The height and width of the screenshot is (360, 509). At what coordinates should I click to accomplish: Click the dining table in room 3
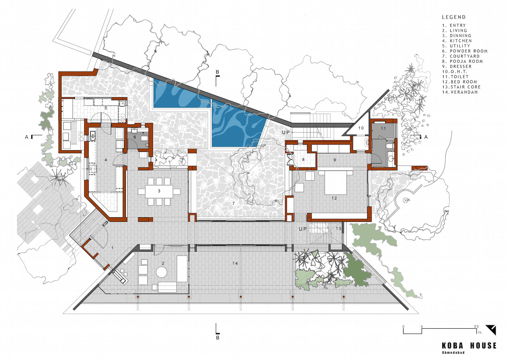tap(159, 191)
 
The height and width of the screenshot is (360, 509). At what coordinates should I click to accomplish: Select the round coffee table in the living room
tap(161, 272)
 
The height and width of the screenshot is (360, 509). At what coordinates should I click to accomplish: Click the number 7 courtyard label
tap(233, 203)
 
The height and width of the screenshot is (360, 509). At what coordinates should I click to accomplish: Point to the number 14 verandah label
tap(235, 263)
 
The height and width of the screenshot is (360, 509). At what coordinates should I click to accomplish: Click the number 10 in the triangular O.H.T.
tap(361, 128)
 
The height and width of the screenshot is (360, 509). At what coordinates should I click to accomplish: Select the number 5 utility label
tap(106, 108)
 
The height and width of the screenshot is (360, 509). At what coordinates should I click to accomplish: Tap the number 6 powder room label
tap(135, 137)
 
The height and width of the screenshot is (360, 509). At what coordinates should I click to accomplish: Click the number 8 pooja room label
tap(303, 160)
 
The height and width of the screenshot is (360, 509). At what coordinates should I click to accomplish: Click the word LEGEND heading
tap(453, 17)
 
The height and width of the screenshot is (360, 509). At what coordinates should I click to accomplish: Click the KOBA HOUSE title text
tap(469, 346)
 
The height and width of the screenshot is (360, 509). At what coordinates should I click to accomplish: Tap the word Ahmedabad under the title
tap(453, 353)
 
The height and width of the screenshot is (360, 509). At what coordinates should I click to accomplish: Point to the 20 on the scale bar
tap(476, 327)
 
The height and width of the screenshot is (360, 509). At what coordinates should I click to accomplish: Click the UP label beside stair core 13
tap(303, 229)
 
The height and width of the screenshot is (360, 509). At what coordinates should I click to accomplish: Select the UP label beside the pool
tap(286, 132)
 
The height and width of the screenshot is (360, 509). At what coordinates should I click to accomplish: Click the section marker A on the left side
tap(27, 137)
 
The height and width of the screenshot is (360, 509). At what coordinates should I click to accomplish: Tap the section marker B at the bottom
tap(218, 337)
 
